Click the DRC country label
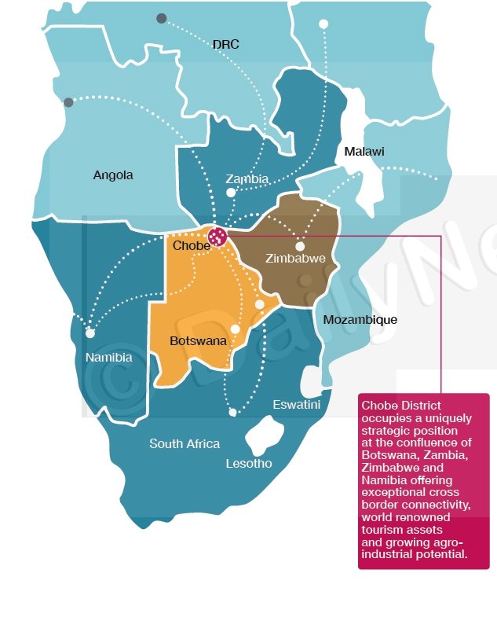coord(225,45)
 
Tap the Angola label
coord(113,175)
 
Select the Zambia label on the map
coord(247,178)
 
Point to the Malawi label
coord(364,152)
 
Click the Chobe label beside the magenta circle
coord(191,245)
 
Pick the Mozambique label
coord(360,320)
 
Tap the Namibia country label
coord(108,358)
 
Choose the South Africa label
coord(185,444)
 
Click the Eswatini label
coord(296,405)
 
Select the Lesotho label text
coord(248,464)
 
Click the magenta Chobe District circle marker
coord(216,235)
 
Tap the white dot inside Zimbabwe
coord(300,246)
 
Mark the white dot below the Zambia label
coord(230,192)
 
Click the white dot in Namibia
coord(90,333)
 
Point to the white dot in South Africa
coord(232,412)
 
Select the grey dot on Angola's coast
coord(68,102)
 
